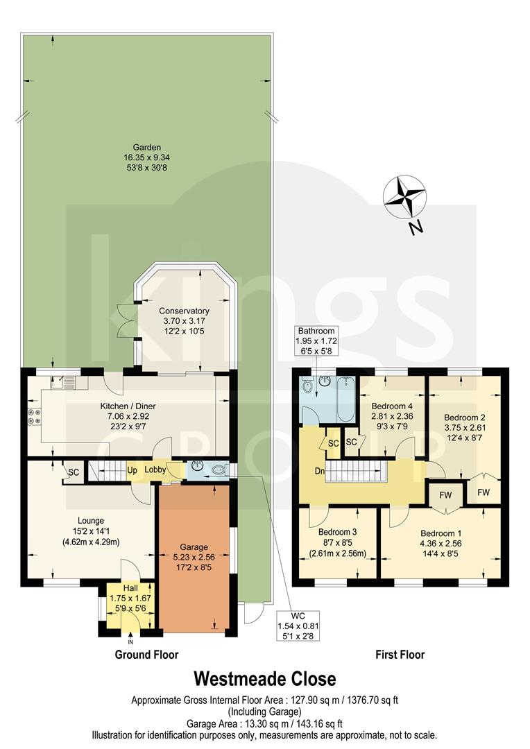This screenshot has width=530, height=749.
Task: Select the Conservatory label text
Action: tap(183, 311)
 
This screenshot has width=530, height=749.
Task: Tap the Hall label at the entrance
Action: tap(130, 587)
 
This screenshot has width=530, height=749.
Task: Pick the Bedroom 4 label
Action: tap(393, 406)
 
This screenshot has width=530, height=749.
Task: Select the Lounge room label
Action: tap(91, 520)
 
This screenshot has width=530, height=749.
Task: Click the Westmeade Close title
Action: tap(264, 678)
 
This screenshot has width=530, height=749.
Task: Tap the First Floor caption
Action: tap(400, 654)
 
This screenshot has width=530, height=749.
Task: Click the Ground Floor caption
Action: tap(146, 654)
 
